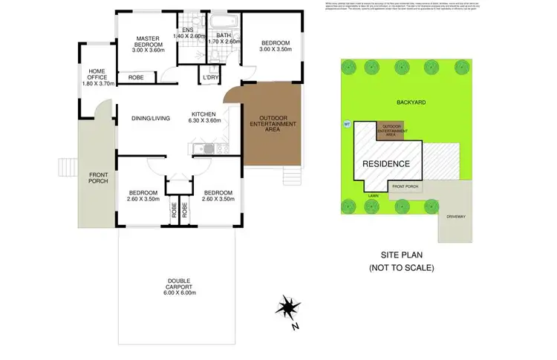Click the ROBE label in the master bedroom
136,77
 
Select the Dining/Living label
151,118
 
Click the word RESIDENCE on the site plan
386,163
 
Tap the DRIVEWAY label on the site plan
455,216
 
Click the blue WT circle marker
346,124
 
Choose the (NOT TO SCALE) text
401,267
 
